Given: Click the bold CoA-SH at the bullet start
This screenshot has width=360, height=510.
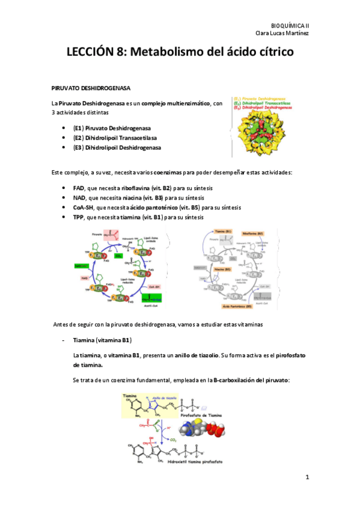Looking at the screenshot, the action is pyautogui.click(x=83, y=207).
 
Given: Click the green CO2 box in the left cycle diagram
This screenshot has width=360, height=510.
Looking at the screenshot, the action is pyautogui.click(x=120, y=254).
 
